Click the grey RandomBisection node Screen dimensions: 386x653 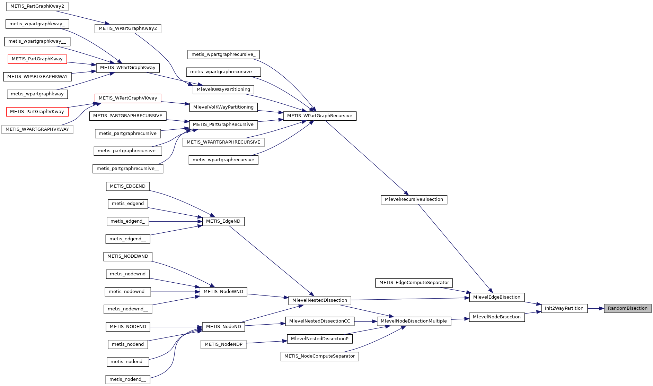coord(627,308)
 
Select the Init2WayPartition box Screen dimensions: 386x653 coord(564,308)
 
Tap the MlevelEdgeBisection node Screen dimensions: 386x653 coord(496,297)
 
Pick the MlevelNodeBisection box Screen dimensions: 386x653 coord(496,317)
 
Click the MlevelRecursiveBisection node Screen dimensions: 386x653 coord(414,199)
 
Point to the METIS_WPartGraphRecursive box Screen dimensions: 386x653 coord(319,116)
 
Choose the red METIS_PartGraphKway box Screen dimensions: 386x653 coord(37,59)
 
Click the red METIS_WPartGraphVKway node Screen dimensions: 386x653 coord(128,98)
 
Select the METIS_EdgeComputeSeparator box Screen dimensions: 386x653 coord(414,283)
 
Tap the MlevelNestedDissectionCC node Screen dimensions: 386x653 coord(319,321)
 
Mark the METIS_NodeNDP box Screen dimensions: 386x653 coord(223,344)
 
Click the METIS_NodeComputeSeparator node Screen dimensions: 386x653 coord(319,356)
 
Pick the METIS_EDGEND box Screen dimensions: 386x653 coord(127,186)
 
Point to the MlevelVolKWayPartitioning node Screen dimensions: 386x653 coord(223,107)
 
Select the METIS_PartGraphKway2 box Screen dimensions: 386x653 coord(37,6)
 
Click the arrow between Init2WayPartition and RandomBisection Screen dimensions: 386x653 coord(596,308)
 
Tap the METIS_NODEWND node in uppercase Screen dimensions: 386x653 coord(127,256)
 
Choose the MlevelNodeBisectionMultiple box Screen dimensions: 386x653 coord(414,321)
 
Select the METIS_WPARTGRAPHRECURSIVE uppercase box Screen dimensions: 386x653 coord(223,142)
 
